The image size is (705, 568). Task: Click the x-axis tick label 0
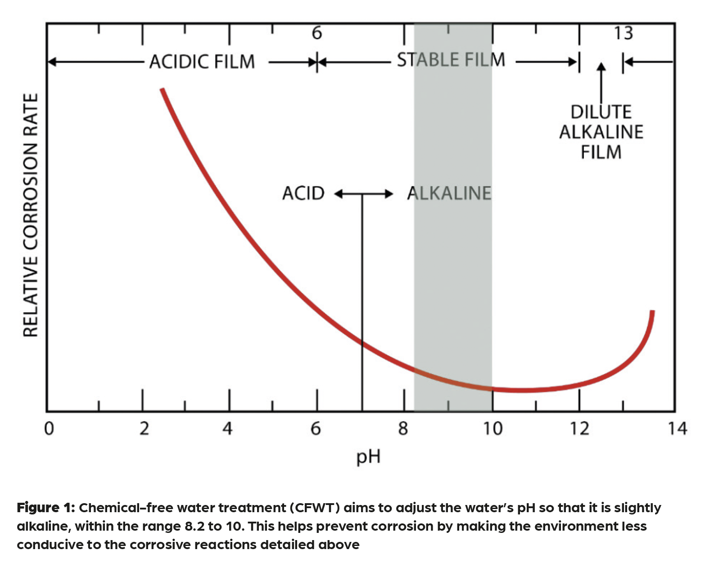click(49, 428)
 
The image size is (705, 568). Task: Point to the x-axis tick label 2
click(144, 428)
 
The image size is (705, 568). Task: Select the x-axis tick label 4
click(228, 428)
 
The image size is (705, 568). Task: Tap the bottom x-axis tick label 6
click(316, 428)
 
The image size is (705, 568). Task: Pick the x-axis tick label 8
click(403, 428)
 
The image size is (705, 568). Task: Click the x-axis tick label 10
click(493, 428)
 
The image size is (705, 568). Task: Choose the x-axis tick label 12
click(579, 428)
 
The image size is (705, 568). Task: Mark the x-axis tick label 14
click(677, 428)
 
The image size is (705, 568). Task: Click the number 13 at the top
click(624, 33)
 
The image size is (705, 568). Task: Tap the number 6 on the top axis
click(317, 33)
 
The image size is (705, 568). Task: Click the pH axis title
click(368, 457)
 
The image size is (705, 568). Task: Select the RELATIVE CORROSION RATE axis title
click(31, 215)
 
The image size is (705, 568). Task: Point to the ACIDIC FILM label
click(202, 62)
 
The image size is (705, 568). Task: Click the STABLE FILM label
click(451, 60)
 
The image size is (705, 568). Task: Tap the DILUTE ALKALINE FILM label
click(601, 132)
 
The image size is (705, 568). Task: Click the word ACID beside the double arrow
click(303, 194)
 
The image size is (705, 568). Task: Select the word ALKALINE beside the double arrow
click(449, 194)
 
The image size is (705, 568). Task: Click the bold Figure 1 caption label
click(45, 508)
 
